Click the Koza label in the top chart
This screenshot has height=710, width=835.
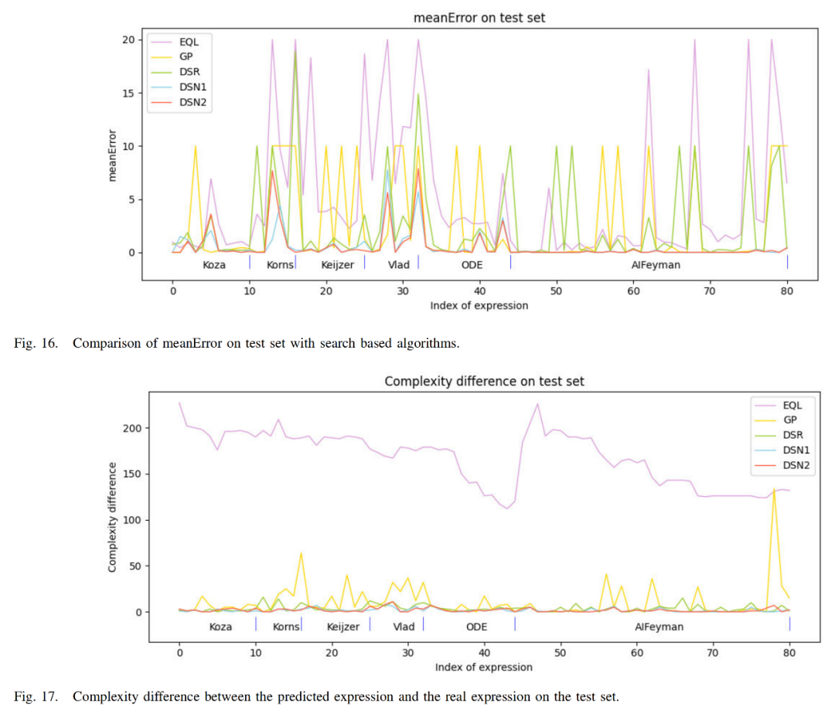214,265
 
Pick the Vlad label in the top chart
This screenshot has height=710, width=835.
398,265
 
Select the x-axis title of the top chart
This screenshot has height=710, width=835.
479,305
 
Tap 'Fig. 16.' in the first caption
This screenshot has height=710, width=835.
36,343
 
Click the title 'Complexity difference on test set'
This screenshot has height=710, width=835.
484,381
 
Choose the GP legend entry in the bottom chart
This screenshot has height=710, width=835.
789,420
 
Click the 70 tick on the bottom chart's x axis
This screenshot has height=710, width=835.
713,653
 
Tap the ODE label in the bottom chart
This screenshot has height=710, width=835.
476,627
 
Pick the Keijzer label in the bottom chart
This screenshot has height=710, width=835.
343,627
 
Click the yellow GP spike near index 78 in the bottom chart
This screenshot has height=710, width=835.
774,490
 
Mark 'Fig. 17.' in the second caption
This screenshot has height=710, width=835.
36,697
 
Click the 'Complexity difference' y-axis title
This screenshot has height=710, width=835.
112,518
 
